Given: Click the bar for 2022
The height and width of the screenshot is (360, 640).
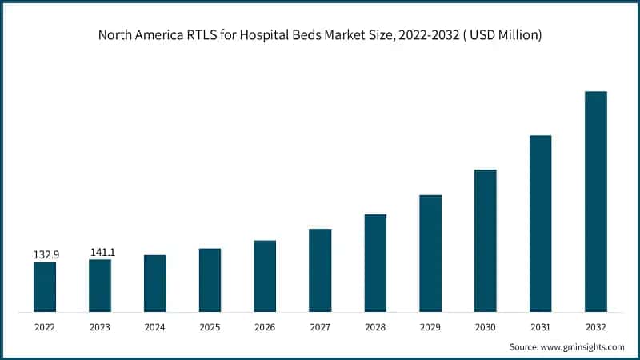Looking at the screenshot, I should coord(45,286).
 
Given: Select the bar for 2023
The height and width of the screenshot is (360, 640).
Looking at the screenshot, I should coord(100,285).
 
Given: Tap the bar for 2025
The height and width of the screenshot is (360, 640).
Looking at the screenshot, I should coord(210,279).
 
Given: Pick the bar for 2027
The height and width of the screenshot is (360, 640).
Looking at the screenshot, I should coord(320,270).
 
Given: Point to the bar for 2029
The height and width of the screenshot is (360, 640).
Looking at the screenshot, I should coord(430,253).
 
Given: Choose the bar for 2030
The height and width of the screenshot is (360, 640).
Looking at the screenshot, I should coord(486,240).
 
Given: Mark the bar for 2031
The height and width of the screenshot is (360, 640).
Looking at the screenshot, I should coord(541,223).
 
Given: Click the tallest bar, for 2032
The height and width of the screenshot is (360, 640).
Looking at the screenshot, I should coord(596,201).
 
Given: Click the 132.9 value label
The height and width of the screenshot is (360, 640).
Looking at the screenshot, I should coord(46,254).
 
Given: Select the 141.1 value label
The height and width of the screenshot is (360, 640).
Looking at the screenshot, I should coord(102,252).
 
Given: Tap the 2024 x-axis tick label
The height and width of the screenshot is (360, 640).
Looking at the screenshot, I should coord(155,327).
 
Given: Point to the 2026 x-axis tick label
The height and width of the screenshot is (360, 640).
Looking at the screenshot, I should coord(266,327).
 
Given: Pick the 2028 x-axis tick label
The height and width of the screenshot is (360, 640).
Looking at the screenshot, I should coord(375,327).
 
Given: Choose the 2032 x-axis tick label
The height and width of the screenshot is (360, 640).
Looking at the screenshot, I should coord(596,327).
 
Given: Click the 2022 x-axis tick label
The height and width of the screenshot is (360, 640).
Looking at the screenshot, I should coord(45,327).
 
